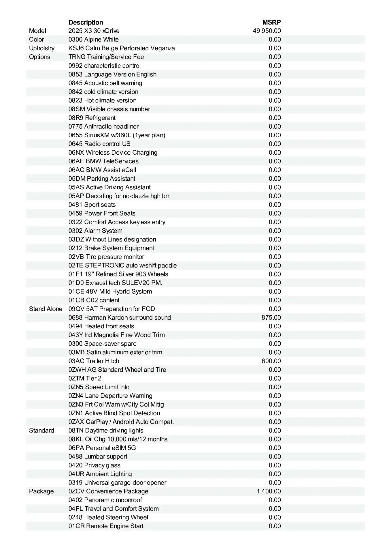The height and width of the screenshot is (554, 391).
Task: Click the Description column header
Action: [86, 22]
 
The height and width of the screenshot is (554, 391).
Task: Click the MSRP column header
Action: [271, 22]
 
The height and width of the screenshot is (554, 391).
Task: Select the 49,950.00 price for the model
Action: [267, 31]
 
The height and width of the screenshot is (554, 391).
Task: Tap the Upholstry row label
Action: [42, 48]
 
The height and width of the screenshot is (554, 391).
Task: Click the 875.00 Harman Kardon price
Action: [271, 318]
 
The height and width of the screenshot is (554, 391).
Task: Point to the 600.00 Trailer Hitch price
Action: [271, 361]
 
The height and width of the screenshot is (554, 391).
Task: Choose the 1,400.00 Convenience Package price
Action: [269, 491]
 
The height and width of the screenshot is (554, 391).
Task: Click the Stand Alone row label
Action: [46, 309]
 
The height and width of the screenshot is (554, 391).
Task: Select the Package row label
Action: [41, 491]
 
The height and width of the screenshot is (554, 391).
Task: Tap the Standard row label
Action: [41, 431]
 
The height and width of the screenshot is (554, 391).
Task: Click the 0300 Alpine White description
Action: [93, 40]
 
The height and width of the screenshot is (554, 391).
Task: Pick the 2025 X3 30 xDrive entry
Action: [94, 31]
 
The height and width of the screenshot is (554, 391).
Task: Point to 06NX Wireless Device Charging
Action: [113, 153]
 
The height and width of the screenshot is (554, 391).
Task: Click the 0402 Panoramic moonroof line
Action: [105, 500]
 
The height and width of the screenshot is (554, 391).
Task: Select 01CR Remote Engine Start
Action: [106, 526]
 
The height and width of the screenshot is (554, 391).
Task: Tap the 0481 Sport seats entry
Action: [92, 205]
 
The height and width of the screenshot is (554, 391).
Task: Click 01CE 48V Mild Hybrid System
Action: [110, 291]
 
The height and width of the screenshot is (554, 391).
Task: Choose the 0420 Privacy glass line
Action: [94, 465]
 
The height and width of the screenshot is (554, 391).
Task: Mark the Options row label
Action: [39, 57]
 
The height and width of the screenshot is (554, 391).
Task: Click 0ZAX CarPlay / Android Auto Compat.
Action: [121, 422]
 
